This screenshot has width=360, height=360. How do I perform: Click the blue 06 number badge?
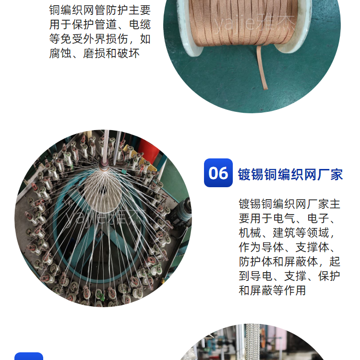pyautogui.click(x=218, y=173)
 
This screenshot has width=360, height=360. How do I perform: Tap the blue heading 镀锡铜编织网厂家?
pyautogui.click(x=290, y=175)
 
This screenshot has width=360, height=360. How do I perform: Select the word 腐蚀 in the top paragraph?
pyautogui.click(x=60, y=53)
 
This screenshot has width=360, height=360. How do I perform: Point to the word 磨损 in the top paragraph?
pyautogui.click(x=94, y=53)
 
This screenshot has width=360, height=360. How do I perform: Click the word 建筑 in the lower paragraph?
pyautogui.click(x=284, y=233)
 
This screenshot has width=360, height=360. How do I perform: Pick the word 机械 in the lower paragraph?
pyautogui.click(x=250, y=233)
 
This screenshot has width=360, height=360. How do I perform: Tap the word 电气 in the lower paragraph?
pyautogui.click(x=284, y=218)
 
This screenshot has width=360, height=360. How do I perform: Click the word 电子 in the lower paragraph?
pyautogui.click(x=318, y=218)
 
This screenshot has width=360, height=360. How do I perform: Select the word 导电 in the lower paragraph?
pyautogui.click(x=261, y=276)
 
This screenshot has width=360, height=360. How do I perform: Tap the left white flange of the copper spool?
pyautogui.click(x=187, y=25)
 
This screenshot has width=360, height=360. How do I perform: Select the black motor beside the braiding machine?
pyautogui.click(x=183, y=211)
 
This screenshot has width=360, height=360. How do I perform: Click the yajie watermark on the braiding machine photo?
pyautogui.click(x=105, y=217)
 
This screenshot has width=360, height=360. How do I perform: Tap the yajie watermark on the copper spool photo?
pyautogui.click(x=254, y=23)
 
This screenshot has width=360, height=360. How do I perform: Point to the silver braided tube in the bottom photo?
pyautogui.click(x=252, y=342)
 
